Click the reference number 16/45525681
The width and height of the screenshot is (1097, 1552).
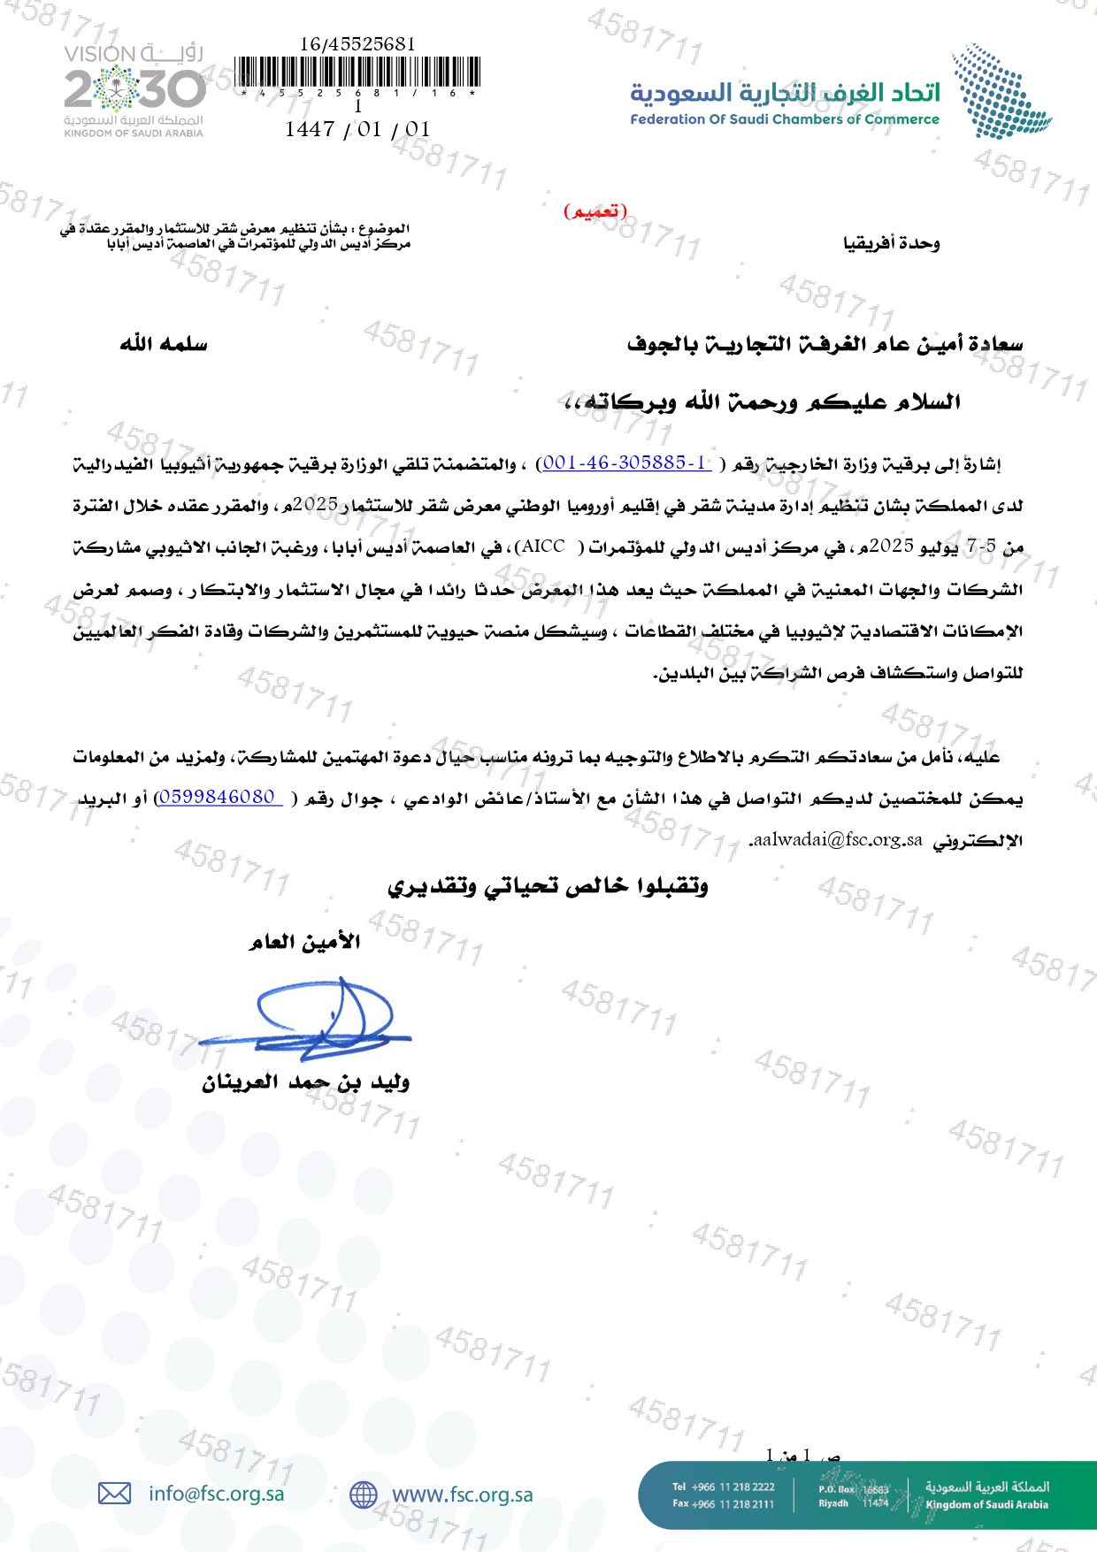(357, 43)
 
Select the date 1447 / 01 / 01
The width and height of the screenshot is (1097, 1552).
(357, 129)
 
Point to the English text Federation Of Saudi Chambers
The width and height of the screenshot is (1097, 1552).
(784, 119)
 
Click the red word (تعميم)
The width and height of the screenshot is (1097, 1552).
(595, 211)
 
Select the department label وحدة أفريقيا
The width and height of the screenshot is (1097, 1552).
(891, 242)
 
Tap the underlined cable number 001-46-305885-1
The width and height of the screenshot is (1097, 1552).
(626, 463)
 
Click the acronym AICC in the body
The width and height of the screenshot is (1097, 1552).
(543, 547)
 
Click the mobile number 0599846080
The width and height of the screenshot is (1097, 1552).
(218, 797)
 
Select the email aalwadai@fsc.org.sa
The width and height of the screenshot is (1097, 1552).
(836, 840)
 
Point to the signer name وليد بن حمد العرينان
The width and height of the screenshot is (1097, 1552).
(305, 1082)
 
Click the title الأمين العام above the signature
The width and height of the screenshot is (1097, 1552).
(304, 942)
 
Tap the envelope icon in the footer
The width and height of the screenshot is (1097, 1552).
(114, 1494)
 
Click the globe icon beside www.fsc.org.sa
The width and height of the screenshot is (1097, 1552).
(363, 1495)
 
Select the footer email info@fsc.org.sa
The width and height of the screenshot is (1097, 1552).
(217, 1494)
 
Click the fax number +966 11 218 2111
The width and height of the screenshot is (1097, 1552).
(724, 1503)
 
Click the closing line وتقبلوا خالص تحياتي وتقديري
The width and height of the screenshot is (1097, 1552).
(548, 885)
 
